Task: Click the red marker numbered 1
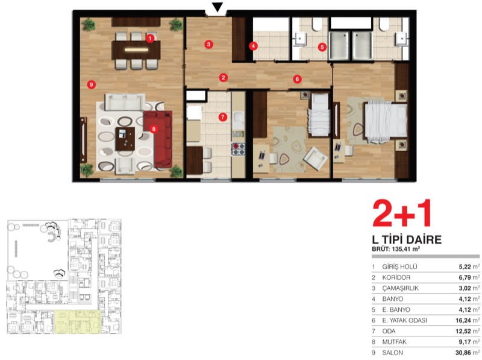[x=150, y=39]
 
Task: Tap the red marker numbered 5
[x=322, y=47]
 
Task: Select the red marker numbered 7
[x=222, y=117]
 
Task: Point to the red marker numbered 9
[x=92, y=84]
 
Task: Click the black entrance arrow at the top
[x=218, y=7]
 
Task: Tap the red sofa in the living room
[x=158, y=139]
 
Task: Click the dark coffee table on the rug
[x=125, y=139]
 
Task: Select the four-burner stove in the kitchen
[x=238, y=148]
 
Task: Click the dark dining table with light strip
[x=136, y=50]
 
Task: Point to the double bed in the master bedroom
[x=386, y=123]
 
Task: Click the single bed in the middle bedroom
[x=319, y=115]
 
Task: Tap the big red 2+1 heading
[x=402, y=213]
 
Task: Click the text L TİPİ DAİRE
[x=407, y=239]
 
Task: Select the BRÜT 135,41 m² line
[x=396, y=249]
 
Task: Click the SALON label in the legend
[x=392, y=353]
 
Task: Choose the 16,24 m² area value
[x=468, y=320]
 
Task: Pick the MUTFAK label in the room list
[x=395, y=342]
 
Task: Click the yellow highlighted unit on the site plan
[x=78, y=322]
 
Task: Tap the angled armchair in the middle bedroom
[x=315, y=158]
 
